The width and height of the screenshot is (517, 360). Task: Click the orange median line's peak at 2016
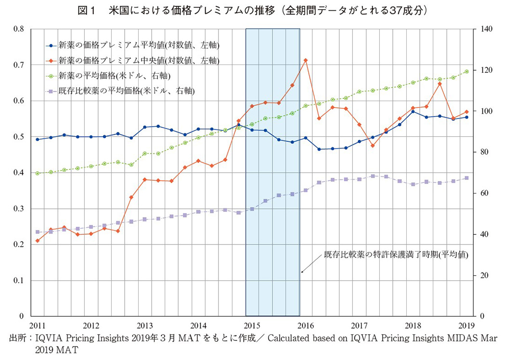click(x=306, y=60)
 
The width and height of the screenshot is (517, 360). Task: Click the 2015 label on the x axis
click(x=252, y=325)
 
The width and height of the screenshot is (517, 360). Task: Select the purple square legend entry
click(x=120, y=90)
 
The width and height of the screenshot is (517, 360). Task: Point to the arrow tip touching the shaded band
click(x=302, y=273)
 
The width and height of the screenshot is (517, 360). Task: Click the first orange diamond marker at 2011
click(x=37, y=241)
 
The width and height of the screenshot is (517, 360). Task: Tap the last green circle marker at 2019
click(x=466, y=71)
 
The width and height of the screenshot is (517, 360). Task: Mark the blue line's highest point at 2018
click(x=413, y=112)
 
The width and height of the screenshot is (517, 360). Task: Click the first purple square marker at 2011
click(x=37, y=232)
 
